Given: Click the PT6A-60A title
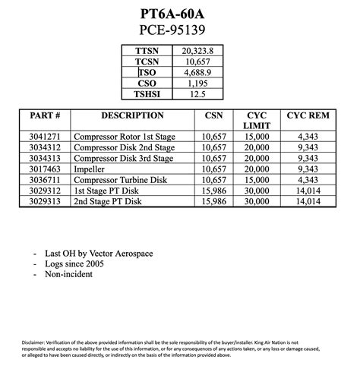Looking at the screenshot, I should point(179,14).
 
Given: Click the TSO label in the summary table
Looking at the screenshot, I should point(148,72).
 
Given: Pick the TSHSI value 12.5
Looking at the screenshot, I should point(197,94).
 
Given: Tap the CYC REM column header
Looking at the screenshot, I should point(308,116).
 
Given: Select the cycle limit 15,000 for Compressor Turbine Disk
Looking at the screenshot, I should point(257,180).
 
